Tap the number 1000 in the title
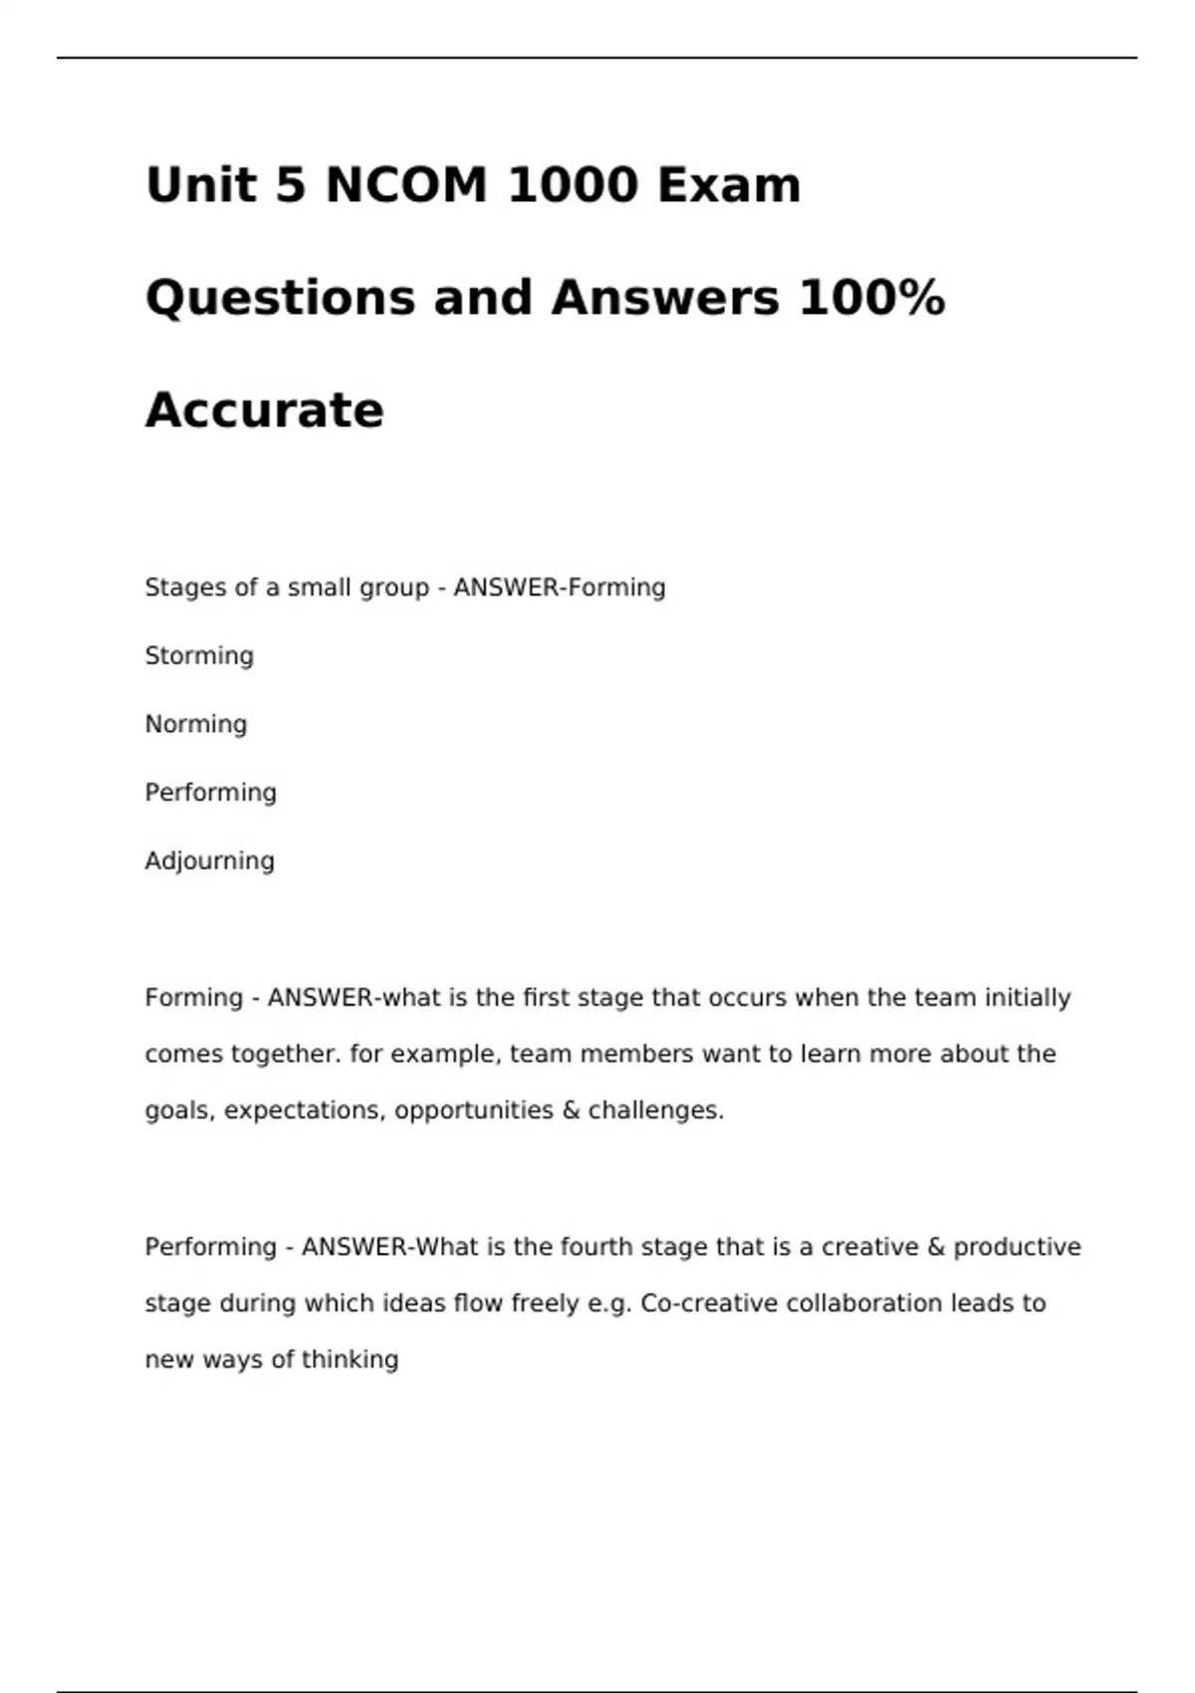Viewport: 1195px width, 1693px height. (x=573, y=185)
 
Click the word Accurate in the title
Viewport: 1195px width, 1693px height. (x=264, y=410)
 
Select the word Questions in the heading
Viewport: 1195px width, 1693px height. (x=280, y=298)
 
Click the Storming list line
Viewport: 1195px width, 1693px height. (x=199, y=656)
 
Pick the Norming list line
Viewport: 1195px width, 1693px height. (x=195, y=724)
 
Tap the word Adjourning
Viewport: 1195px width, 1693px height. (x=209, y=861)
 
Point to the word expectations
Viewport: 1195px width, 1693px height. (x=305, y=1110)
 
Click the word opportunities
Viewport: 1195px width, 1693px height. (x=473, y=1110)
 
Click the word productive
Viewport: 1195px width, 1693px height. (x=1017, y=1247)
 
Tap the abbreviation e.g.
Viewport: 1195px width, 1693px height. (x=607, y=1304)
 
